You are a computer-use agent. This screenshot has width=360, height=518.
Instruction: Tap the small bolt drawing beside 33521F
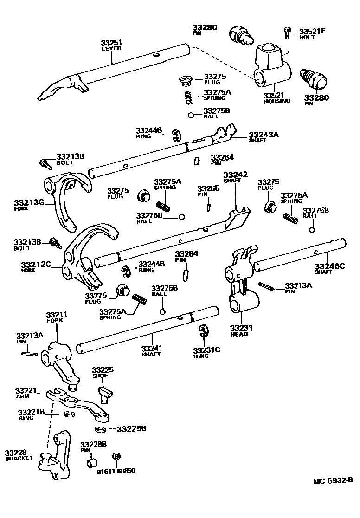click(x=287, y=32)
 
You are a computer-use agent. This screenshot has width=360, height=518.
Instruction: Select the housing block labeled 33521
click(x=272, y=66)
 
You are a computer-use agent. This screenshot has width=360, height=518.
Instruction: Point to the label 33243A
click(x=264, y=134)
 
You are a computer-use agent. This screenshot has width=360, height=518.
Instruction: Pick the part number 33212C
click(x=36, y=265)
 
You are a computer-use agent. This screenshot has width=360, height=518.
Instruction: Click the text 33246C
click(x=330, y=266)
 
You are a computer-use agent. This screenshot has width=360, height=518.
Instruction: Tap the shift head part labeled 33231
click(x=241, y=288)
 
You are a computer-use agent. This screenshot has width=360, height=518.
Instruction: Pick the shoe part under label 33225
click(x=105, y=392)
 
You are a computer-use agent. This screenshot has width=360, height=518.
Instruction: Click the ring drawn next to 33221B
click(x=70, y=414)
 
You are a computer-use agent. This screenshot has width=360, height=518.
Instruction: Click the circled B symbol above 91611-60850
click(x=116, y=457)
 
